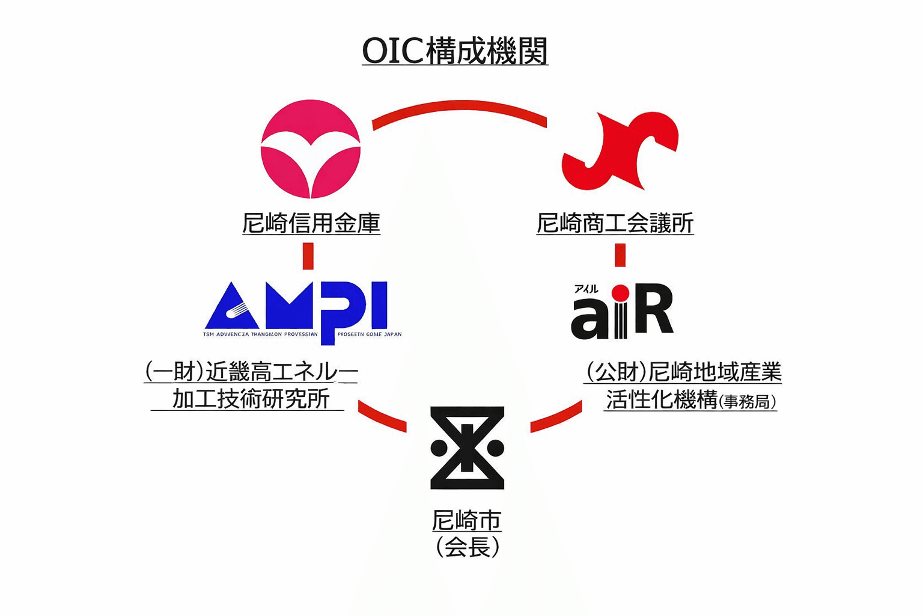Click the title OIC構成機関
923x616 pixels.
tap(455, 51)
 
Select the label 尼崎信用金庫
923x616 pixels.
tap(311, 223)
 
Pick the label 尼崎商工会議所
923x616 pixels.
tap(615, 223)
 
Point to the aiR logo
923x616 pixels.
tap(621, 313)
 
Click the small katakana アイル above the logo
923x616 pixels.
tap(586, 289)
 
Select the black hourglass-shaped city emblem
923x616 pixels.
tap(468, 448)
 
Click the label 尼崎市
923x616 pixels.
tap(466, 520)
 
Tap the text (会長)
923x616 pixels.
tap(467, 547)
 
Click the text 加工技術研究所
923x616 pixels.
tap(251, 399)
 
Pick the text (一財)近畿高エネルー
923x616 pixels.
tap(251, 372)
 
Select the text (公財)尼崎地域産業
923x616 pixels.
tap(683, 372)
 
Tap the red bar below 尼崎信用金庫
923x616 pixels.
tap(308, 256)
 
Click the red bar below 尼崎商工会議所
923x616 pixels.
tap(620, 254)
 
